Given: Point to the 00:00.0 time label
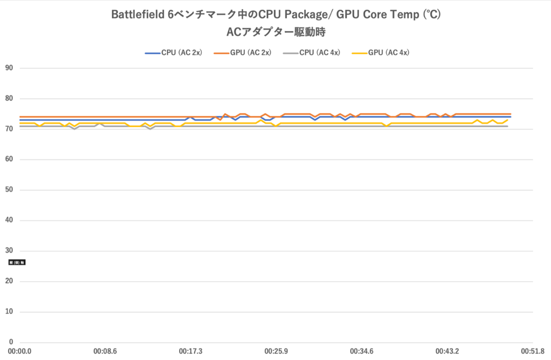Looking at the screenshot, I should [x=19, y=352].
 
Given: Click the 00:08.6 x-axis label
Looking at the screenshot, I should [x=105, y=352].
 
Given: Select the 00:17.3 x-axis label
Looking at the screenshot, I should [x=191, y=352].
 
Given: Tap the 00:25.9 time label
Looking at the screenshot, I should [x=276, y=352].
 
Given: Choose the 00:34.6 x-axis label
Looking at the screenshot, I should [x=362, y=352].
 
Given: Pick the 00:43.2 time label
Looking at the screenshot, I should [x=448, y=352].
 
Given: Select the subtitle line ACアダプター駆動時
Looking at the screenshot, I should [x=276, y=32].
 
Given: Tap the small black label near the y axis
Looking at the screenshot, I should [x=17, y=263].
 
